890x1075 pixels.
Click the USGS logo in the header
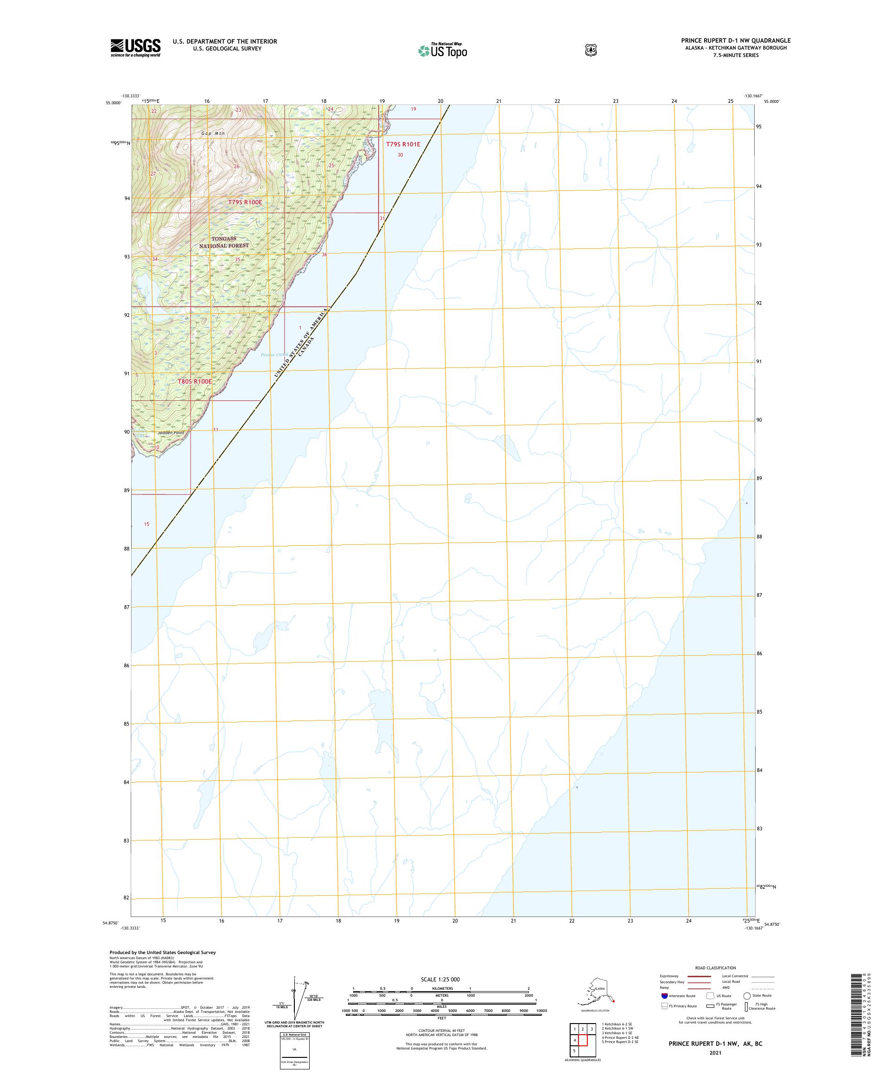135,48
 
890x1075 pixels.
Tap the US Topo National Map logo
443,50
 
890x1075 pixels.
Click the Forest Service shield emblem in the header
591,50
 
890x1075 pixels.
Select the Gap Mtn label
213,133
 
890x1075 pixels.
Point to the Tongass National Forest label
224,242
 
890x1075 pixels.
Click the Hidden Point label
171,433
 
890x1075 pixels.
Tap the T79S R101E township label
403,145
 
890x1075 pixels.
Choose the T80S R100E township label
195,381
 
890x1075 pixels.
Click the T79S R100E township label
245,202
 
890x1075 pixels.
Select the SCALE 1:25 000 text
440,979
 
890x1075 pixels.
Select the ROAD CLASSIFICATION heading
715,968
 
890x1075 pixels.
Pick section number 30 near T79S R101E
400,155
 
